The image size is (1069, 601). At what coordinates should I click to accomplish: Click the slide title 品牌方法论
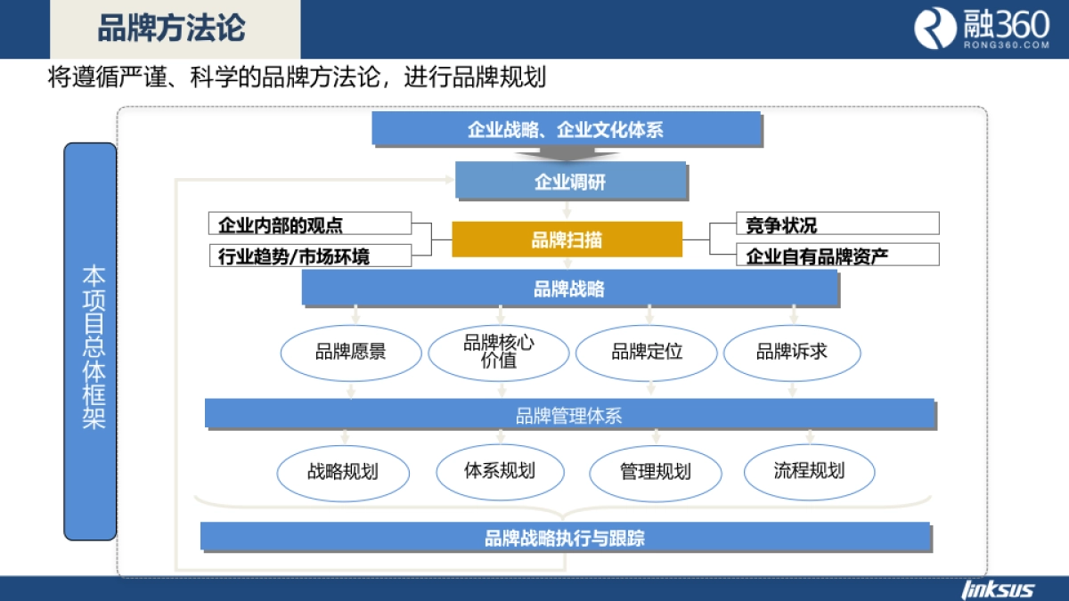[x=171, y=28]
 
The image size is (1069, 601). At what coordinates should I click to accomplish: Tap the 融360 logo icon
[x=934, y=28]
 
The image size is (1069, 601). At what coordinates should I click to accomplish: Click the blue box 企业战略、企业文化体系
[x=566, y=129]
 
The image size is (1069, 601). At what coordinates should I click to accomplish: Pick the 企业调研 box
[x=570, y=181]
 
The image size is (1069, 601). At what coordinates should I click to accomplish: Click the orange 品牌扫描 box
[x=567, y=239]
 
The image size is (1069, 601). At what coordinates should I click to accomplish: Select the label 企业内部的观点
[x=310, y=223]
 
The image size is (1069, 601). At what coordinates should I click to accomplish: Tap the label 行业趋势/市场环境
[x=310, y=256]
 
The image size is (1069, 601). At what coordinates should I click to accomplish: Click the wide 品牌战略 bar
[x=570, y=288]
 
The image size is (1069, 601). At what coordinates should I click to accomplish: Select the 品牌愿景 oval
[x=350, y=352]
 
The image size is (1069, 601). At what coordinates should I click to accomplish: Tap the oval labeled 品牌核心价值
[x=498, y=352]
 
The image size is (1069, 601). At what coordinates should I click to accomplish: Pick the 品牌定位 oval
[x=647, y=352]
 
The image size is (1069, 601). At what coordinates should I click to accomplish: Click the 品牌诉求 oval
[x=792, y=352]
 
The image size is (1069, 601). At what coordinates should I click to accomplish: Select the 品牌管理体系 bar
[x=569, y=414]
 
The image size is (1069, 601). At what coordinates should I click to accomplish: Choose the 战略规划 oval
[x=343, y=471]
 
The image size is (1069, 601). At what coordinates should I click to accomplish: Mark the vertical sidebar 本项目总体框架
[x=91, y=342]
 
